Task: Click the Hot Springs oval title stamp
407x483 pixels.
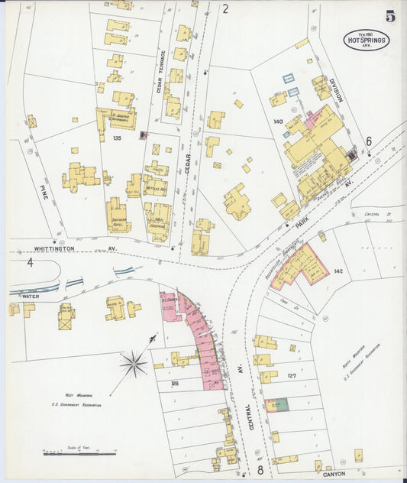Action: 366,40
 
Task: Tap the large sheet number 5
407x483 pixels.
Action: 390,16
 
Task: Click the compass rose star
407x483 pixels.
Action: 134,364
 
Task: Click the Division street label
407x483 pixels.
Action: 337,91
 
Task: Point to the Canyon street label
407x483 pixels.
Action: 333,473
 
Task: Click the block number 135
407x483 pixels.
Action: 116,138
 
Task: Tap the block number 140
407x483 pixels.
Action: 277,121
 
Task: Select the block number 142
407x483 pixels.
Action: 338,271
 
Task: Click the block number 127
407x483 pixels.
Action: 291,375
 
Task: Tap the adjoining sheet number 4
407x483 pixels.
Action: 31,263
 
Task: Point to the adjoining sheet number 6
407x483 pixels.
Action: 369,141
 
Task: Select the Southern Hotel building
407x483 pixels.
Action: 118,216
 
